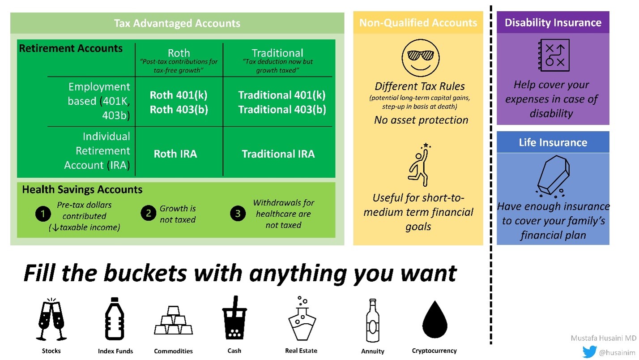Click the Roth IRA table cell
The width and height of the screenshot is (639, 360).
coord(175,154)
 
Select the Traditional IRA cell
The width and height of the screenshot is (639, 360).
coord(278,154)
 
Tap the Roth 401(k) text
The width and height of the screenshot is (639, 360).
coord(179,95)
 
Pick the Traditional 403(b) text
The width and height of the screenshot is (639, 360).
coord(282,109)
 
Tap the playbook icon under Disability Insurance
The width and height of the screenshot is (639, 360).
coord(553,56)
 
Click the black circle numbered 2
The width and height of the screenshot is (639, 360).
coord(149,213)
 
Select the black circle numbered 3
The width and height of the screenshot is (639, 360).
coord(238,214)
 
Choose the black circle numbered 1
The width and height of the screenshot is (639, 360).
coord(43,214)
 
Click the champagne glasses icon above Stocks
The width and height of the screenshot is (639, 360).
coord(51,319)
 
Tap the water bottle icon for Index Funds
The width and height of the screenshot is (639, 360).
coord(114,318)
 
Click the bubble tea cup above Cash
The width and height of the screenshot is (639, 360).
coord(234,318)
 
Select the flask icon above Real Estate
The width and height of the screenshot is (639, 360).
coord(301,318)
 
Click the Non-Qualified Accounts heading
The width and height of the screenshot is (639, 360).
coord(418,22)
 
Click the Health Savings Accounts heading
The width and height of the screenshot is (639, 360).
coord(82,189)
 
